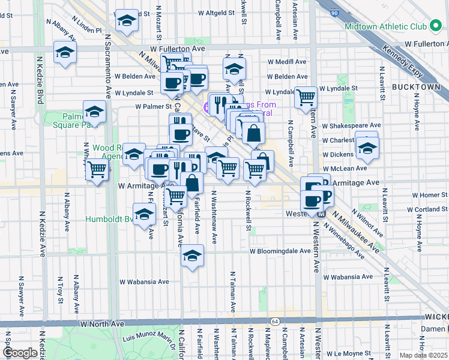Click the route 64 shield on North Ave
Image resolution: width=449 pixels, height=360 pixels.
[274, 322]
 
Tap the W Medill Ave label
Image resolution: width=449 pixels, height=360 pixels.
[288, 62]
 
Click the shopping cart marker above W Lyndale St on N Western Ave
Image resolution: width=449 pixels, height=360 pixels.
[306, 97]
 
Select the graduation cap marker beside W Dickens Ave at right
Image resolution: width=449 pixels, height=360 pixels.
[367, 148]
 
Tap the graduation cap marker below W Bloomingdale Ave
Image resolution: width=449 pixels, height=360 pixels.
[191, 257]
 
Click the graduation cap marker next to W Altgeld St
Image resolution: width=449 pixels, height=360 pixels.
[127, 21]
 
